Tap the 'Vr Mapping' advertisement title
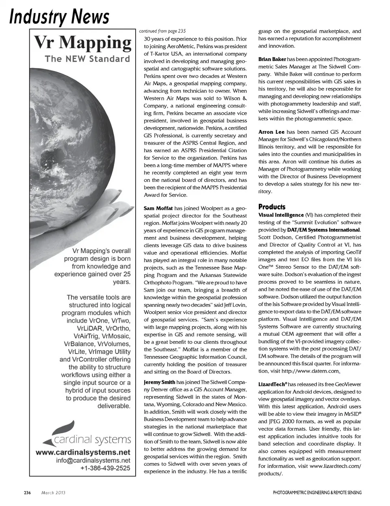[82, 42]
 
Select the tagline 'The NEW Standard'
[87, 59]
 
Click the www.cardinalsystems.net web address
[83, 452]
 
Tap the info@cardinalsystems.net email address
[93, 460]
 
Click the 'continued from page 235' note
[162, 31]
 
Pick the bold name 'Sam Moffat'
[158, 208]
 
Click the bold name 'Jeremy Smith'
[159, 382]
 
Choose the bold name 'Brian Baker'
[272, 59]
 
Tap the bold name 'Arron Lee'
[271, 132]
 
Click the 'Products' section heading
[272, 207]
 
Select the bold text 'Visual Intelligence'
[281, 215]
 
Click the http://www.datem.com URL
[310, 371]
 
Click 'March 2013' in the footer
[53, 493]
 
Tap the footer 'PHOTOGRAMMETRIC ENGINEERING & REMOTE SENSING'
[317, 493]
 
